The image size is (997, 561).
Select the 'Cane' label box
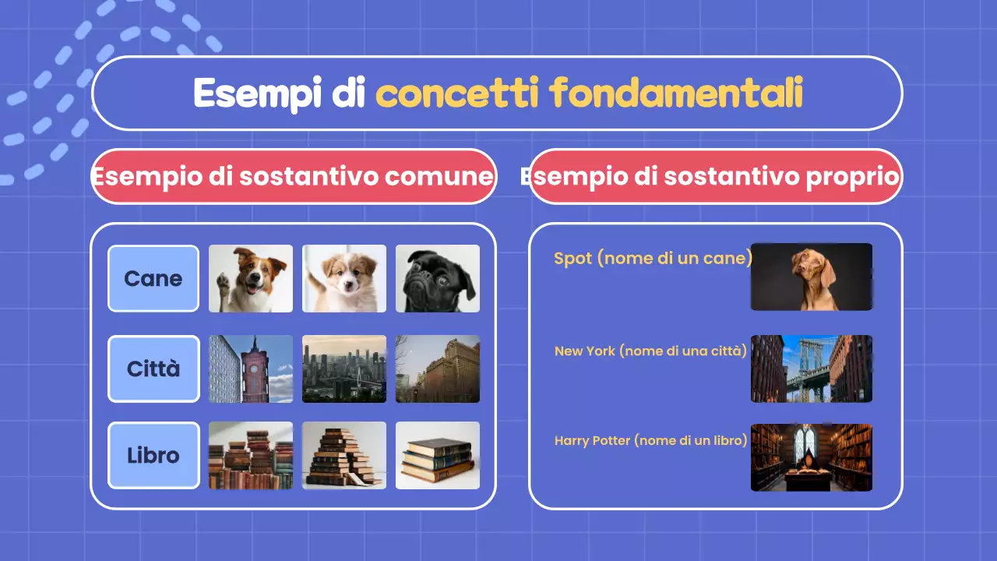pos(153,278)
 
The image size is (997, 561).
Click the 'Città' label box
pos(153,369)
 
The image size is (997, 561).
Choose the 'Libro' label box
pos(153,455)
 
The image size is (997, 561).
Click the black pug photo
pos(437,278)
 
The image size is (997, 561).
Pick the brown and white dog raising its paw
pos(251,278)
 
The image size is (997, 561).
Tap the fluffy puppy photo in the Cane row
pos(344,278)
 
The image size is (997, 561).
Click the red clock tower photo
pos(251,369)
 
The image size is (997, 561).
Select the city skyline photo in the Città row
pos(344,369)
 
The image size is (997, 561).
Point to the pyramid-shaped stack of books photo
pos(344,455)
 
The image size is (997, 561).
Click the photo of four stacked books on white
pos(437,455)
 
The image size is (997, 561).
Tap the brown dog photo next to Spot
pos(811,277)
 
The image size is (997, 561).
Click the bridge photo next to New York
pos(811,369)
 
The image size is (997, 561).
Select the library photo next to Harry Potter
pos(811,457)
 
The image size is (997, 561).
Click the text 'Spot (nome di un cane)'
pos(653,258)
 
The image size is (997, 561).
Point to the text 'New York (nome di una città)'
pos(650,351)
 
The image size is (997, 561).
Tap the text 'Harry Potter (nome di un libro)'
pos(650,441)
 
